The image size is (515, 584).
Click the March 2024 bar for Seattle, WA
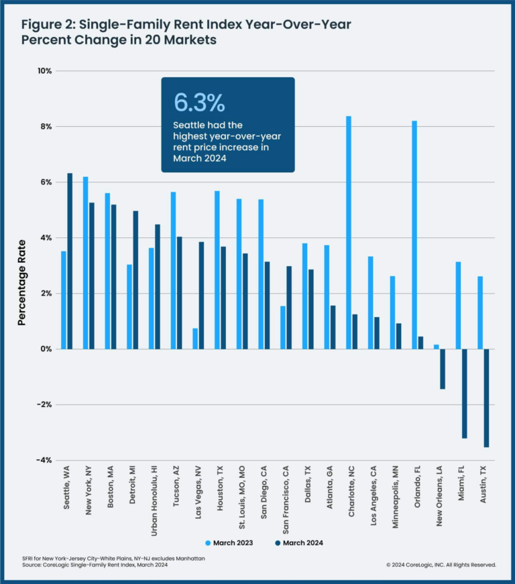click(70, 261)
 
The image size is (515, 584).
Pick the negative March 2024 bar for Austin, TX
click(486, 398)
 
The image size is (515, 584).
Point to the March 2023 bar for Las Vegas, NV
click(195, 339)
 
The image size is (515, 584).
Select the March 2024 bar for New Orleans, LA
click(443, 369)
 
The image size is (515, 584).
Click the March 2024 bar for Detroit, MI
click(135, 280)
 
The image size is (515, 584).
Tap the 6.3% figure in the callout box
click(199, 102)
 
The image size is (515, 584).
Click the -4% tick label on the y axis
click(44, 460)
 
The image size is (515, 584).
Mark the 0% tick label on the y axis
click(46, 349)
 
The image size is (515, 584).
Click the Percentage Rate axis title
click(21, 282)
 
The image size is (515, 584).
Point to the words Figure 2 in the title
click(47, 25)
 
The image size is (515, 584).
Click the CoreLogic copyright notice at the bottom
click(441, 565)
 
